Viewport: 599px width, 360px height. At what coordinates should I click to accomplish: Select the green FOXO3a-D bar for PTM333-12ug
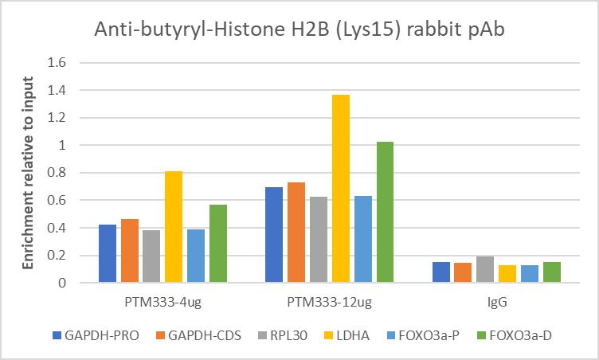click(x=385, y=212)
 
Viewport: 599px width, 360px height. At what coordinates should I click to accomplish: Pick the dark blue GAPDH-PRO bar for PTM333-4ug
click(x=108, y=253)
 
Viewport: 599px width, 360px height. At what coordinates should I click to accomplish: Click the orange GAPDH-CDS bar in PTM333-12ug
click(x=297, y=233)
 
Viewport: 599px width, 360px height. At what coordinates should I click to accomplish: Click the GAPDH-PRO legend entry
click(x=96, y=335)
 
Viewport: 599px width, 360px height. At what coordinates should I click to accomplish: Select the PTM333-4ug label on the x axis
click(x=162, y=303)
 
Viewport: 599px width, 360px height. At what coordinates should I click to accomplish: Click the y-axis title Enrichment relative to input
click(x=29, y=172)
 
